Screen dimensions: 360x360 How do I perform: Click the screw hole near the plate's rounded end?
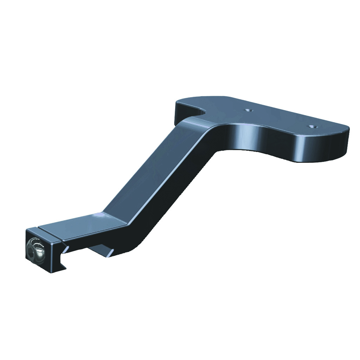[311, 126]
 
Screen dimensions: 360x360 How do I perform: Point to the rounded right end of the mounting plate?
[343, 141]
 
